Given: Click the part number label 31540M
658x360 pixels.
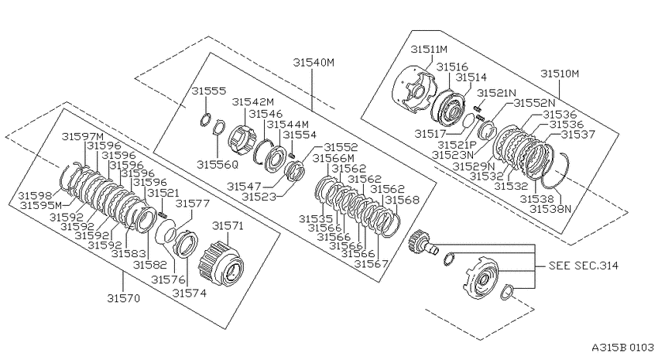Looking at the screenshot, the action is pos(314,63).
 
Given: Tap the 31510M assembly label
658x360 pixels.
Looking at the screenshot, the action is pos(560,74).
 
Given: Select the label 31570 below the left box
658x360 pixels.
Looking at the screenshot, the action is pos(123,298).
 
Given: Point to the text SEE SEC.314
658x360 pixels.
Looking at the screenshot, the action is pos(584,266).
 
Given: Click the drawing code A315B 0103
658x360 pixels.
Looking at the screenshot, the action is pos(622,348).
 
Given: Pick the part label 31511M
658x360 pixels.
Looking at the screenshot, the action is pos(429,49).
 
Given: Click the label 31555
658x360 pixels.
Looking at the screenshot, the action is pos(209,91).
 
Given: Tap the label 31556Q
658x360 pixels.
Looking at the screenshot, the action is pos(218,164).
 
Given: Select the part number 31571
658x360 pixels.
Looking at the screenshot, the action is pos(228,226).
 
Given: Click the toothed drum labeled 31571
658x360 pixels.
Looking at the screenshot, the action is pos(221,264).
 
